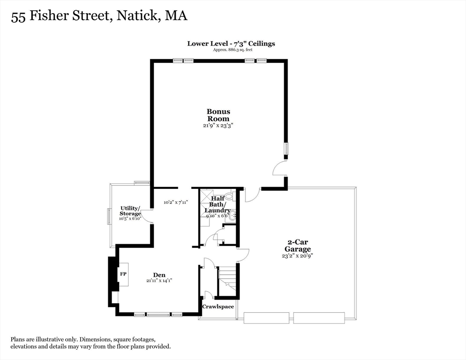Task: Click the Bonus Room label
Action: [x=218, y=115]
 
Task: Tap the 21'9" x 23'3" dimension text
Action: [x=218, y=126]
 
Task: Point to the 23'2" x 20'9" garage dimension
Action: [x=297, y=256]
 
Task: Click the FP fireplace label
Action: [x=123, y=273]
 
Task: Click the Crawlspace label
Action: [x=218, y=307]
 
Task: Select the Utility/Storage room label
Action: [x=130, y=210]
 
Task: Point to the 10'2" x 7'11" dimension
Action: [x=176, y=202]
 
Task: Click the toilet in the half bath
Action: [x=229, y=196]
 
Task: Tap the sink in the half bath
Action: [x=233, y=216]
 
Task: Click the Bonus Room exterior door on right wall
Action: [x=279, y=168]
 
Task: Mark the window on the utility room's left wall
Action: [x=109, y=216]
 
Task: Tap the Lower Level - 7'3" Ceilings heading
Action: [x=231, y=43]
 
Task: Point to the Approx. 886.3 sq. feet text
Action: [x=231, y=49]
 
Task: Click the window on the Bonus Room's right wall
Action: [x=287, y=149]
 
